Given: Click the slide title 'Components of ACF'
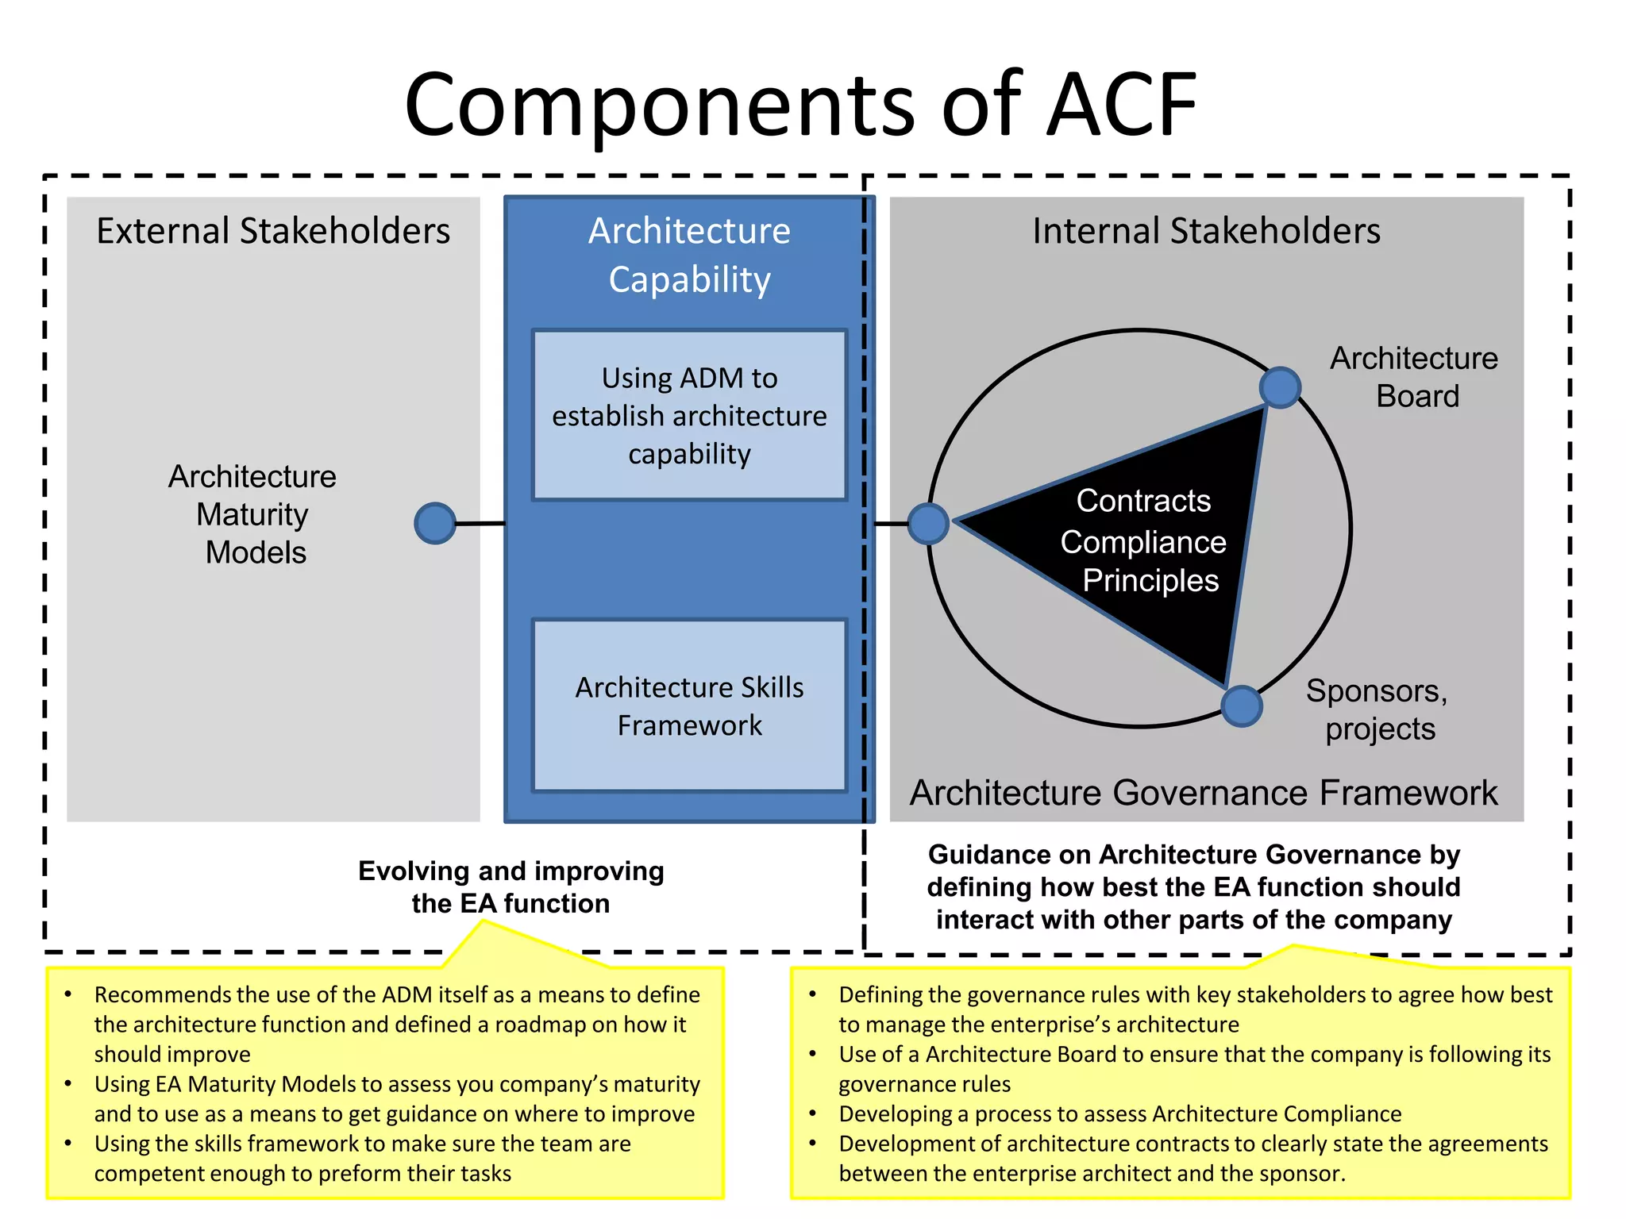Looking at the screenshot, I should pos(800,105).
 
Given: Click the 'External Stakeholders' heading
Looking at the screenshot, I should pos(273,231).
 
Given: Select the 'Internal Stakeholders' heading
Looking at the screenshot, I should pos(1206,231).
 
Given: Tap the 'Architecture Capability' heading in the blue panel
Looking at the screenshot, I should pos(689,255).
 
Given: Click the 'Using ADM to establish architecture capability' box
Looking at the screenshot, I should pos(689,415).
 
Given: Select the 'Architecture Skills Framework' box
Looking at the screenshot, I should pos(689,706).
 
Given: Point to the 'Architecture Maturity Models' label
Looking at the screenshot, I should pos(253,514).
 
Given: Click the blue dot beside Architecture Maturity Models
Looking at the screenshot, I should pos(435,524).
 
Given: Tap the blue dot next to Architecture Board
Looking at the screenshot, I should pos(1280,387).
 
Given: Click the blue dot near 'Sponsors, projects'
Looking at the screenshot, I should pos(1242,706).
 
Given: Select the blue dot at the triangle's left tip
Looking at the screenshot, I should pos(928,524).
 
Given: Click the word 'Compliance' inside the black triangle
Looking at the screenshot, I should pos(1143,542).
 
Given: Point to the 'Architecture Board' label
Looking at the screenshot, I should pos(1415,377).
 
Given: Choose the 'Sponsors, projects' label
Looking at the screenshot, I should pos(1378,709).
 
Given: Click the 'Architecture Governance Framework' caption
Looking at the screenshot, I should pos(1204,793).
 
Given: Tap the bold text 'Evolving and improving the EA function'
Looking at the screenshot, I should pos(511,887).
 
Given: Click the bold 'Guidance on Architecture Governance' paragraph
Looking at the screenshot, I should pos(1193,887).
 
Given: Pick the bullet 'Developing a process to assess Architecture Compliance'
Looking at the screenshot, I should pos(1119,1114).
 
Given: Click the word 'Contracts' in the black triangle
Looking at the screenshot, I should pos(1143,501).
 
